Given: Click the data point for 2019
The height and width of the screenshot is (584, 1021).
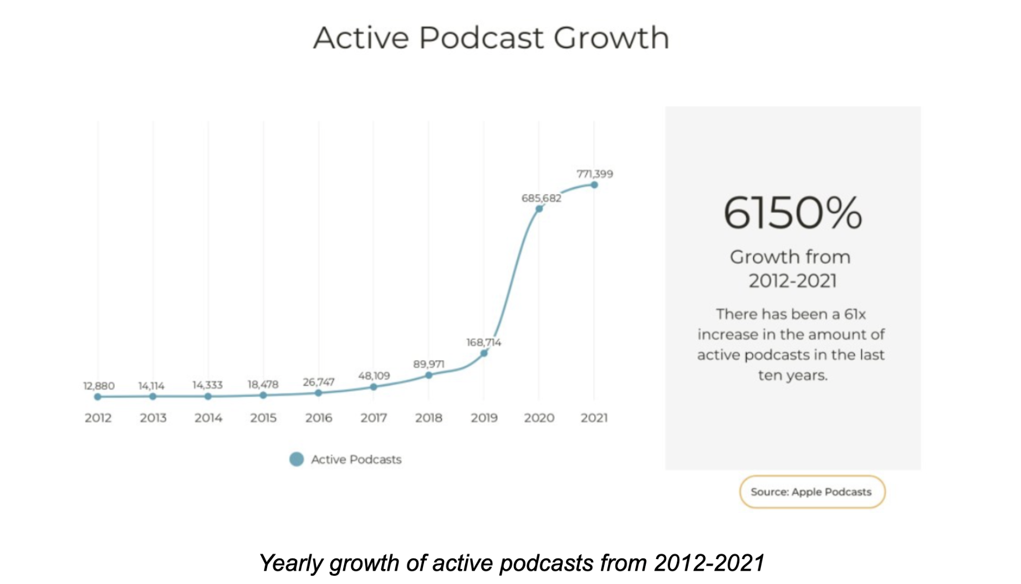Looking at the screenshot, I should point(484,353).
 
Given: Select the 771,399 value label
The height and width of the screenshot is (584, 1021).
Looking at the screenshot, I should point(595,174).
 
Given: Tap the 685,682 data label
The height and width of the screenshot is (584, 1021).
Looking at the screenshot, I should point(541,198).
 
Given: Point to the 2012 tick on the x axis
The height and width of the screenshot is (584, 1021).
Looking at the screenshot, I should point(98,418).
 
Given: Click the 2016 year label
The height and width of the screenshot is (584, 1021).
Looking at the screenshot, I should point(319,418).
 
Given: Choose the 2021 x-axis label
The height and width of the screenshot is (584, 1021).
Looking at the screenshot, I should point(594,418).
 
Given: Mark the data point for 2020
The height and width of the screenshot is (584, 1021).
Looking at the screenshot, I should point(539,209).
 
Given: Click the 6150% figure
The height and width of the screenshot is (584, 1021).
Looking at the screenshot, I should point(793,213).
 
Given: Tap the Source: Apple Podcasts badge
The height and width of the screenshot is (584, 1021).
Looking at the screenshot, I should point(812,491).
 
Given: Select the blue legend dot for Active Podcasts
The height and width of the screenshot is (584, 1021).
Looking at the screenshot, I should point(297,459).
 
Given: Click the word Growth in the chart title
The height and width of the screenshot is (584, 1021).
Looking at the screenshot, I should point(611,38).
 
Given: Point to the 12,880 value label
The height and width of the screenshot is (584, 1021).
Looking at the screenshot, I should point(99,386).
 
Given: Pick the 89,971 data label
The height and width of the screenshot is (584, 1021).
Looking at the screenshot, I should point(428,364).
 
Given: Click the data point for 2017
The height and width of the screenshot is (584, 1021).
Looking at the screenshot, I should point(374,387).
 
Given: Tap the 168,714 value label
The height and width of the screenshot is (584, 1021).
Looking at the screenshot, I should point(483,342).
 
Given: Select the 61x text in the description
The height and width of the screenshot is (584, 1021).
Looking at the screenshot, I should point(855,314).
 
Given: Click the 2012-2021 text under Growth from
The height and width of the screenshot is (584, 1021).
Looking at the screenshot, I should point(793,281).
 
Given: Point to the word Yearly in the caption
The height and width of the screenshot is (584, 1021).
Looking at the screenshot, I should point(291,563).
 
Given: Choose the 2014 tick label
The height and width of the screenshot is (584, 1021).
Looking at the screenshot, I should point(208,418).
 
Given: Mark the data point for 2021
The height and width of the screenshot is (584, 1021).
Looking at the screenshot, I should point(594,185).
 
